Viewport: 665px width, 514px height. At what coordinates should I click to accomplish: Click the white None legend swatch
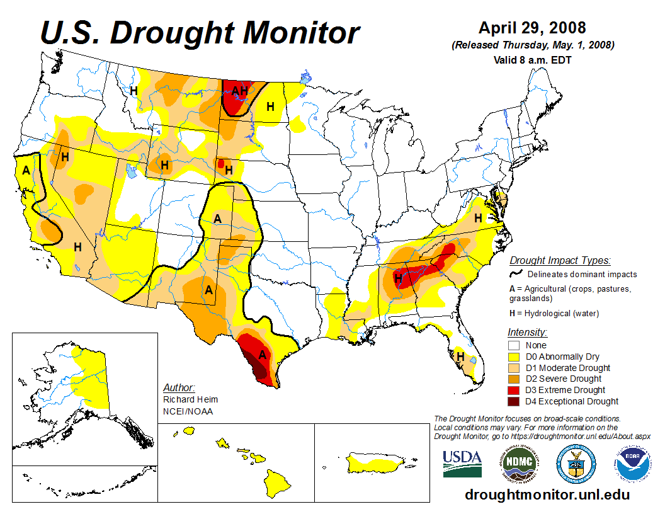514,345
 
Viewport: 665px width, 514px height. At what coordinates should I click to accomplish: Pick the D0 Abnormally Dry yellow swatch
514,357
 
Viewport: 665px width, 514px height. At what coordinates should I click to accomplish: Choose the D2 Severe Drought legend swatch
514,379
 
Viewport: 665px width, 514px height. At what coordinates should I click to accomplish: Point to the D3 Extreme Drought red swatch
514,390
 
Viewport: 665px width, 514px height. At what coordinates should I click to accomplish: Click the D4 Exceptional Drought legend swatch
514,401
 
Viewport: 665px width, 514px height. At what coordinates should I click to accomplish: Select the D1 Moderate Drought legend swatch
514,368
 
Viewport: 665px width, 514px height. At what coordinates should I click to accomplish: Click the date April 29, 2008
532,28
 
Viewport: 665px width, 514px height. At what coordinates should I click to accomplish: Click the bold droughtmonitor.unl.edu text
547,494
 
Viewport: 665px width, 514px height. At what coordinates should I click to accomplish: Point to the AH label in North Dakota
239,91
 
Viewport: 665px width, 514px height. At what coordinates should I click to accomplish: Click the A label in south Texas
263,355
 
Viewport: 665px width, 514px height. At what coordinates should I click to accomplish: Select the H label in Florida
460,357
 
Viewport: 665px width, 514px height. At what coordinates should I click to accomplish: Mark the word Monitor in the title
302,33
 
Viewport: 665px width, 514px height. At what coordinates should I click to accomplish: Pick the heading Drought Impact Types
559,260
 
